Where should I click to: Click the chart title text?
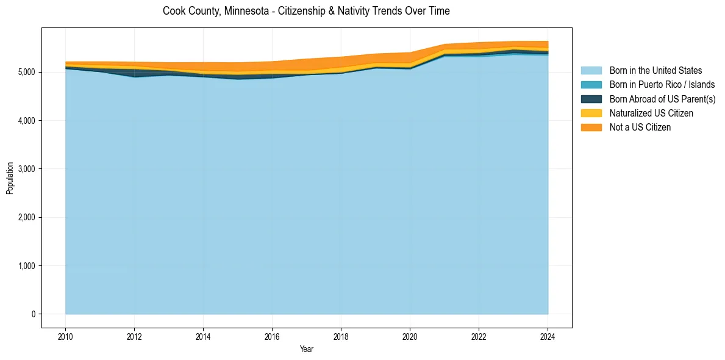coord(306,11)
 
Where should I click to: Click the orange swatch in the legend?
coord(591,127)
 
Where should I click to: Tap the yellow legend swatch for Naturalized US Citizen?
coord(591,113)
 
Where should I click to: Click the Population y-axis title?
coord(10,178)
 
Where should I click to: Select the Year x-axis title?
coord(307,349)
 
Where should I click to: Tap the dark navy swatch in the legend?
coord(591,99)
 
